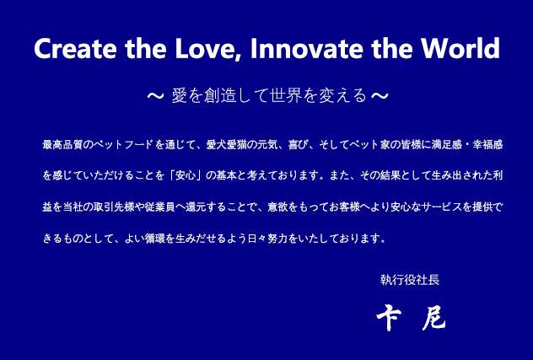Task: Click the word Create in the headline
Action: [75, 49]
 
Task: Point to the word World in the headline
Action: [460, 48]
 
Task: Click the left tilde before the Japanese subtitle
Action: [155, 96]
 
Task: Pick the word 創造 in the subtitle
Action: [220, 95]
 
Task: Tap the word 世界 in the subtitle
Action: [286, 95]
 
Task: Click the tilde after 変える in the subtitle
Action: [380, 96]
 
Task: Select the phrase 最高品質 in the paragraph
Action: [63, 145]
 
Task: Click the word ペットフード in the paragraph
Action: [124, 145]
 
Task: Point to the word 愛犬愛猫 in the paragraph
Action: [227, 145]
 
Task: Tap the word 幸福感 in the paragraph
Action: [487, 145]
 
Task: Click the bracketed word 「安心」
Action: [186, 175]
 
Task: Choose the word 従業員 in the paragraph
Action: [159, 207]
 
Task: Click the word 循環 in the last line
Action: [155, 239]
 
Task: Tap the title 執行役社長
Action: [410, 280]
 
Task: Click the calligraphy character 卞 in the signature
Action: [389, 317]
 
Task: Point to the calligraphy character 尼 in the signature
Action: [434, 318]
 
